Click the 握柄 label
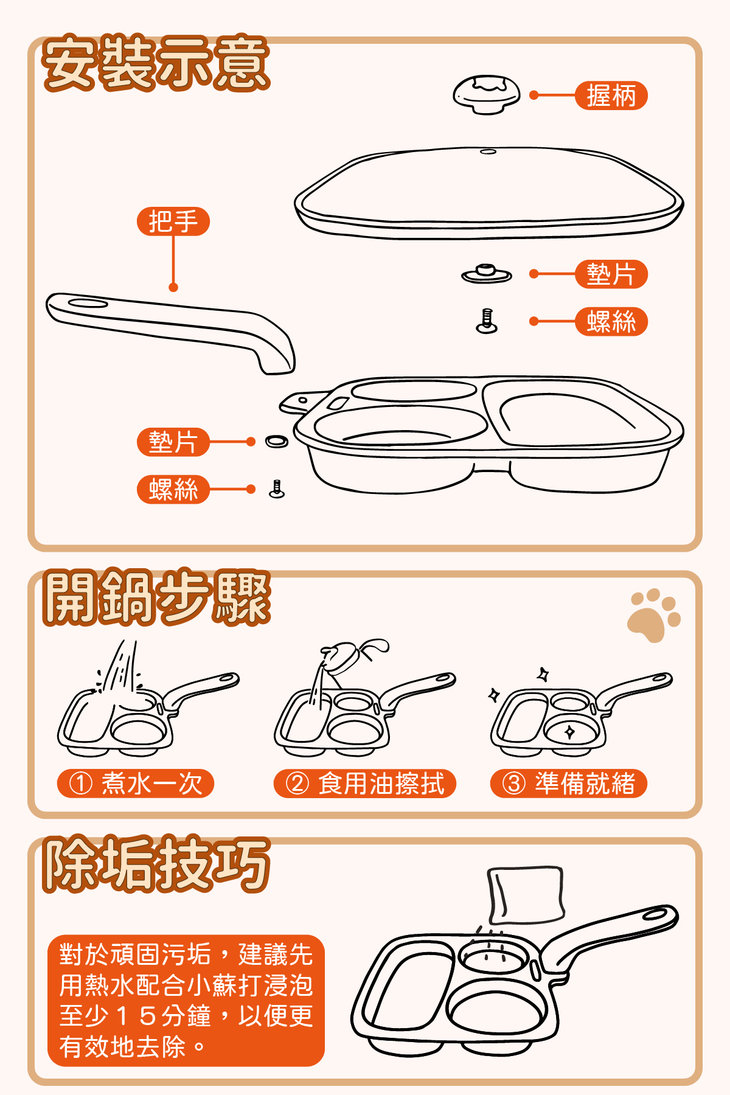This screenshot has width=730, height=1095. (611, 96)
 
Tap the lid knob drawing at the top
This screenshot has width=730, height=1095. (487, 94)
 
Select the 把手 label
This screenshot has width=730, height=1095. (173, 221)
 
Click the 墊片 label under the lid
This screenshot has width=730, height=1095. (611, 274)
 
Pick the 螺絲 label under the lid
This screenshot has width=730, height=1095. (611, 321)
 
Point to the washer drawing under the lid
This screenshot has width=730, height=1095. (486, 274)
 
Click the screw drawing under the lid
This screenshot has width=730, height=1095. (487, 321)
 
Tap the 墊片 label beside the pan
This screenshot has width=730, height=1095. (173, 442)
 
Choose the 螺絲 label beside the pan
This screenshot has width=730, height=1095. (173, 490)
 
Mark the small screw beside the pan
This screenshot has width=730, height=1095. (277, 489)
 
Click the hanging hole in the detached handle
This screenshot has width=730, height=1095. (88, 302)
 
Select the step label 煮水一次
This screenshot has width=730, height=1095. (136, 784)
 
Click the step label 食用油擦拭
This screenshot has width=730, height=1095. (365, 784)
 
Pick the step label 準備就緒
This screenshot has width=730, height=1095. (569, 784)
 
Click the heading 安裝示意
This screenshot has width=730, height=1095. (156, 63)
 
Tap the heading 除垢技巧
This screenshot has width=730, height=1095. (156, 864)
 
